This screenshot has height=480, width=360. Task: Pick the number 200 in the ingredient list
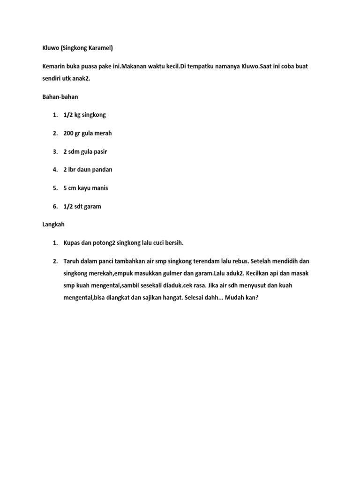(x=68, y=133)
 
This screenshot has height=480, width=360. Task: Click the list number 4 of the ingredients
(x=54, y=170)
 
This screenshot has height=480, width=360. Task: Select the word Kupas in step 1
(x=71, y=243)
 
